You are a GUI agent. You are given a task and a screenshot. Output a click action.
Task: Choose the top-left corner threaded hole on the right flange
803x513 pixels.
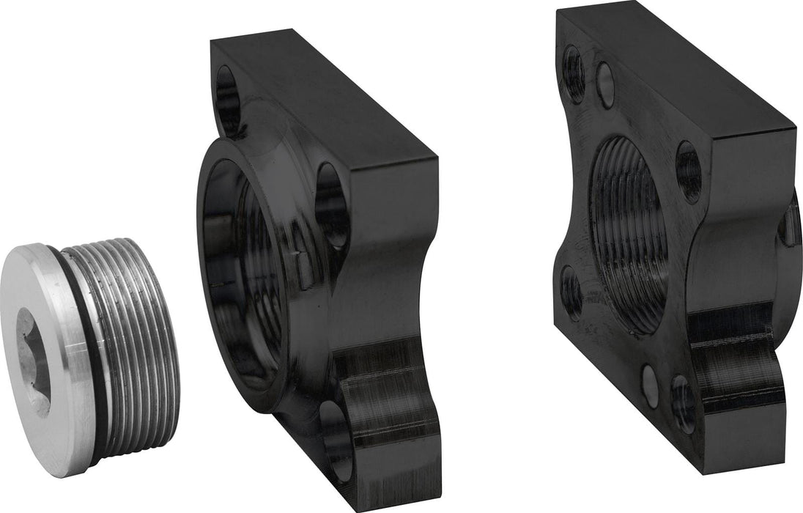tap(574, 74)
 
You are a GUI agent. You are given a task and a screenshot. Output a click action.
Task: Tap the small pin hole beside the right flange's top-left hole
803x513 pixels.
tap(604, 85)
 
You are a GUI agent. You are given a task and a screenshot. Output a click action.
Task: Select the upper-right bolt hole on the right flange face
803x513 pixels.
tap(689, 172)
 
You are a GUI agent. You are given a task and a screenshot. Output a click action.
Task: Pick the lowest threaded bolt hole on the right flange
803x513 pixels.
tap(683, 404)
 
